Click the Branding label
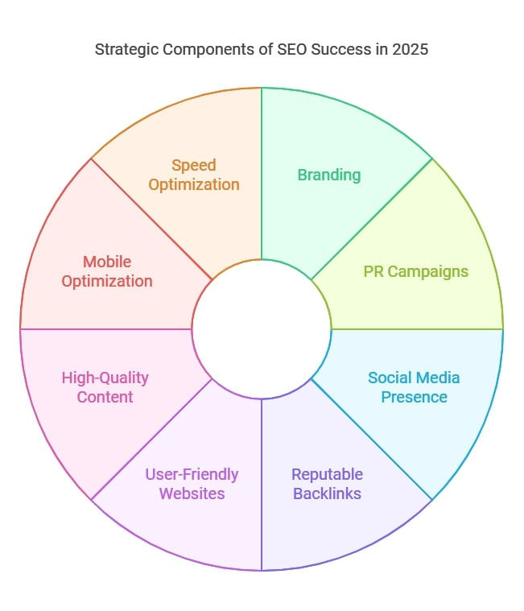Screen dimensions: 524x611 click(329, 175)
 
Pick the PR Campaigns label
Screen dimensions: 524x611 click(415, 271)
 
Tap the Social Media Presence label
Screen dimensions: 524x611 click(414, 387)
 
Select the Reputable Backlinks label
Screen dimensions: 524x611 click(328, 484)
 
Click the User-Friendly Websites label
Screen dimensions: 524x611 click(192, 484)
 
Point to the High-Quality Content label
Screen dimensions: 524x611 click(105, 387)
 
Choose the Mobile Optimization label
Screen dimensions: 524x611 click(107, 271)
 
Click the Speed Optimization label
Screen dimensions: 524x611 click(194, 175)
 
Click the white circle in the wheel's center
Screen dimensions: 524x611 click(262, 329)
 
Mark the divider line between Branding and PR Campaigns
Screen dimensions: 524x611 click(372, 220)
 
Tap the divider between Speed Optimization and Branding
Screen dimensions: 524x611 click(262, 173)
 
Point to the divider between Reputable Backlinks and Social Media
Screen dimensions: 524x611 click(372, 440)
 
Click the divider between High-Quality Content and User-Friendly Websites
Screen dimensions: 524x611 click(151, 440)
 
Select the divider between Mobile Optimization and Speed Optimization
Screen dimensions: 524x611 click(151, 220)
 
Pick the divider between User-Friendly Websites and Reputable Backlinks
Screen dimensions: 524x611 click(262, 485)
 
